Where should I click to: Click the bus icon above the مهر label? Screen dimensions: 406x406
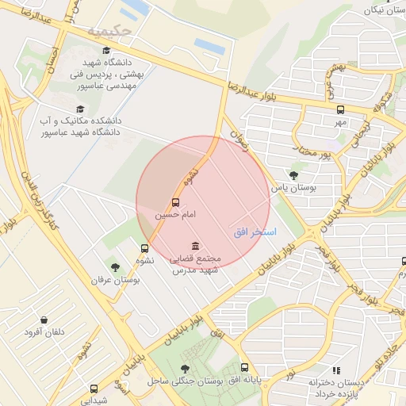(340, 110)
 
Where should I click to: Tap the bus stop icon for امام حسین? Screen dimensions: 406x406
(175, 203)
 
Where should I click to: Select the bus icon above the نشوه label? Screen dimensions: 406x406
(144, 248)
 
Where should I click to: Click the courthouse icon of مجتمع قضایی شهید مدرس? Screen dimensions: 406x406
(195, 247)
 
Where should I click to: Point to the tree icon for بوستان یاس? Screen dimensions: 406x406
(294, 176)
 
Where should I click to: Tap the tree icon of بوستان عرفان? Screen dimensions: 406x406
(116, 268)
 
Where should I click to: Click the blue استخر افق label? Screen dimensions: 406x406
(255, 232)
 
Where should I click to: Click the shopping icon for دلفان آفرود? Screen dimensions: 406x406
(44, 320)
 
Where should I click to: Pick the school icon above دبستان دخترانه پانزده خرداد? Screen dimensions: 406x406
(336, 370)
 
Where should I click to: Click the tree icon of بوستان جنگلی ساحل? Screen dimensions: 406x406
(185, 369)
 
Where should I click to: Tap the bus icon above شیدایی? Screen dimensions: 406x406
(94, 389)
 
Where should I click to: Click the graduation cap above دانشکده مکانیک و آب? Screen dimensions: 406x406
(79, 109)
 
